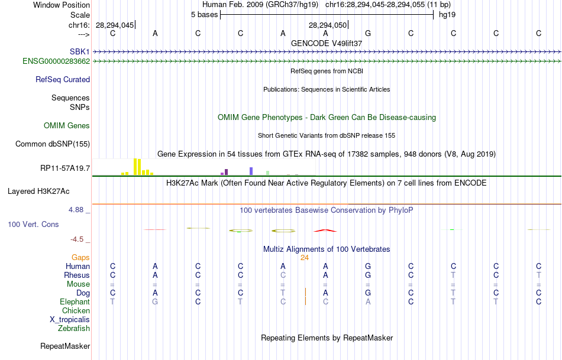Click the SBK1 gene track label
79,52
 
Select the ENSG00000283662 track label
56,61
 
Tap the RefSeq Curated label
63,79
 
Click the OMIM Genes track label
67,125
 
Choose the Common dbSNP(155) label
53,144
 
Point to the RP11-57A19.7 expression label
65,168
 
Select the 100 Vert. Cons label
33,225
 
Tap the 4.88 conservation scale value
77,209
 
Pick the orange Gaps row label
80,258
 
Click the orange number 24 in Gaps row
305,258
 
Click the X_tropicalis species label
70,319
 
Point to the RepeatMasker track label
65,346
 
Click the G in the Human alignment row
368,266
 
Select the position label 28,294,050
327,25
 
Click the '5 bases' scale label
204,14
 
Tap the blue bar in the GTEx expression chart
251,171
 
